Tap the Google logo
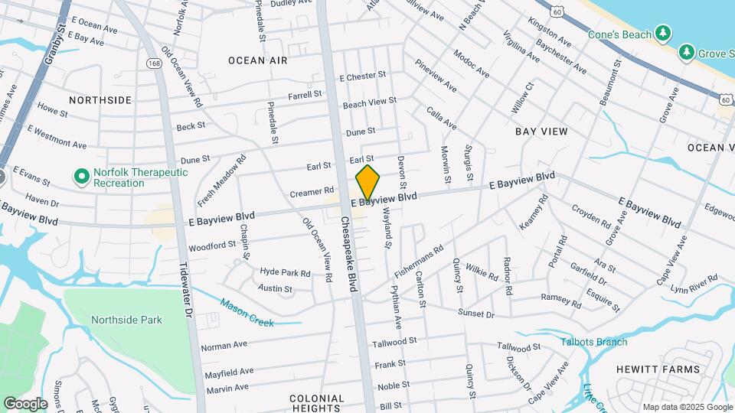pos(25,403)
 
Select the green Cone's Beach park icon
pos(663,34)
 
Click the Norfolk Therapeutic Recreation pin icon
pos(81,177)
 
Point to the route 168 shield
pos(155,65)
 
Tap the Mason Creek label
pos(247,312)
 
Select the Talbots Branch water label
pos(593,342)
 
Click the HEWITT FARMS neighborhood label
pos(658,369)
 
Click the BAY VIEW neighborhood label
pos(541,132)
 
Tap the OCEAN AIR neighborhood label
pos(257,60)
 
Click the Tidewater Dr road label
pos(185,284)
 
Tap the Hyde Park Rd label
pos(285,272)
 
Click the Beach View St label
pos(370,102)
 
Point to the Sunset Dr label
pos(475,314)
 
